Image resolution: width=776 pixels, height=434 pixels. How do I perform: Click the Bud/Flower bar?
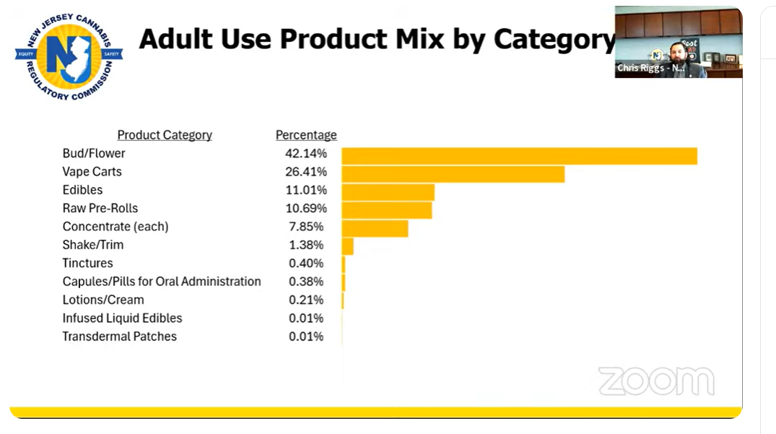tap(519, 156)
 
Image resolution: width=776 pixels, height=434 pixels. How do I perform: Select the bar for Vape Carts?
tap(453, 174)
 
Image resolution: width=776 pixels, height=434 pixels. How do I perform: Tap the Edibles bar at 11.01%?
tap(388, 192)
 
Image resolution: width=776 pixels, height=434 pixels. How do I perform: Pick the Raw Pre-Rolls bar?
tap(386, 210)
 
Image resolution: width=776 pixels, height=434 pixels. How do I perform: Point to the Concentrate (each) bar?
tap(375, 228)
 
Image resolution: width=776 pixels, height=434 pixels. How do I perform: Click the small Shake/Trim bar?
tap(347, 246)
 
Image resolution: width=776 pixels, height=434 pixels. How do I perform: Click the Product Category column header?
tap(165, 135)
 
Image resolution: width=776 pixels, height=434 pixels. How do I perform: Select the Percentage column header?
tap(306, 135)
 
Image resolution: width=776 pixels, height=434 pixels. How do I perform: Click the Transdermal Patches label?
tap(119, 337)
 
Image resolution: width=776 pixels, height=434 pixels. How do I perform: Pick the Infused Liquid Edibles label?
tap(122, 318)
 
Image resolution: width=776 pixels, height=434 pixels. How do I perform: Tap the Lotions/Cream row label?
tap(103, 300)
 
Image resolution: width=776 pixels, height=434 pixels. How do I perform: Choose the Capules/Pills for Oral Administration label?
tap(162, 282)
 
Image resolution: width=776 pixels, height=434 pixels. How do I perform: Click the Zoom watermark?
tap(656, 381)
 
